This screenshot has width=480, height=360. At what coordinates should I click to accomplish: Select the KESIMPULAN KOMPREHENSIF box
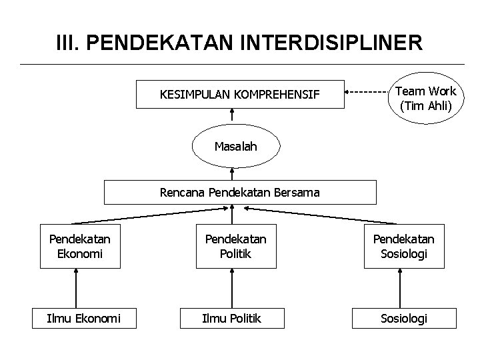click(240, 95)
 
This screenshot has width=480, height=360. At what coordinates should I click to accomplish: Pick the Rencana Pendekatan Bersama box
click(239, 192)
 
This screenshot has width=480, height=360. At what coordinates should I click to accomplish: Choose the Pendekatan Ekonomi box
click(80, 246)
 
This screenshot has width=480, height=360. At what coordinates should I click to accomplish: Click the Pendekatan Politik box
click(235, 246)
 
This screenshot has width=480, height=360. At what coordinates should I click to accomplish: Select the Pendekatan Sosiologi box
click(403, 246)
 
